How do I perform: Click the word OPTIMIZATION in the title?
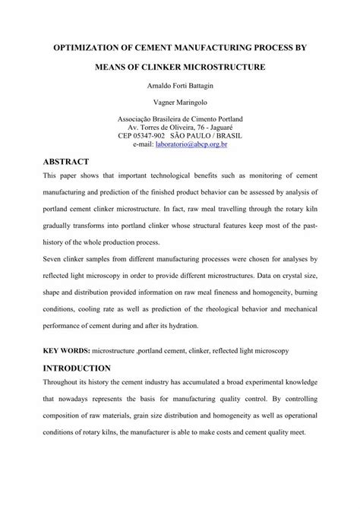pyautogui.click(x=86, y=47)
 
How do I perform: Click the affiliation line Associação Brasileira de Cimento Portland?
pyautogui.click(x=179, y=120)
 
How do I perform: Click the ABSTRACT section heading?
pyautogui.click(x=62, y=162)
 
